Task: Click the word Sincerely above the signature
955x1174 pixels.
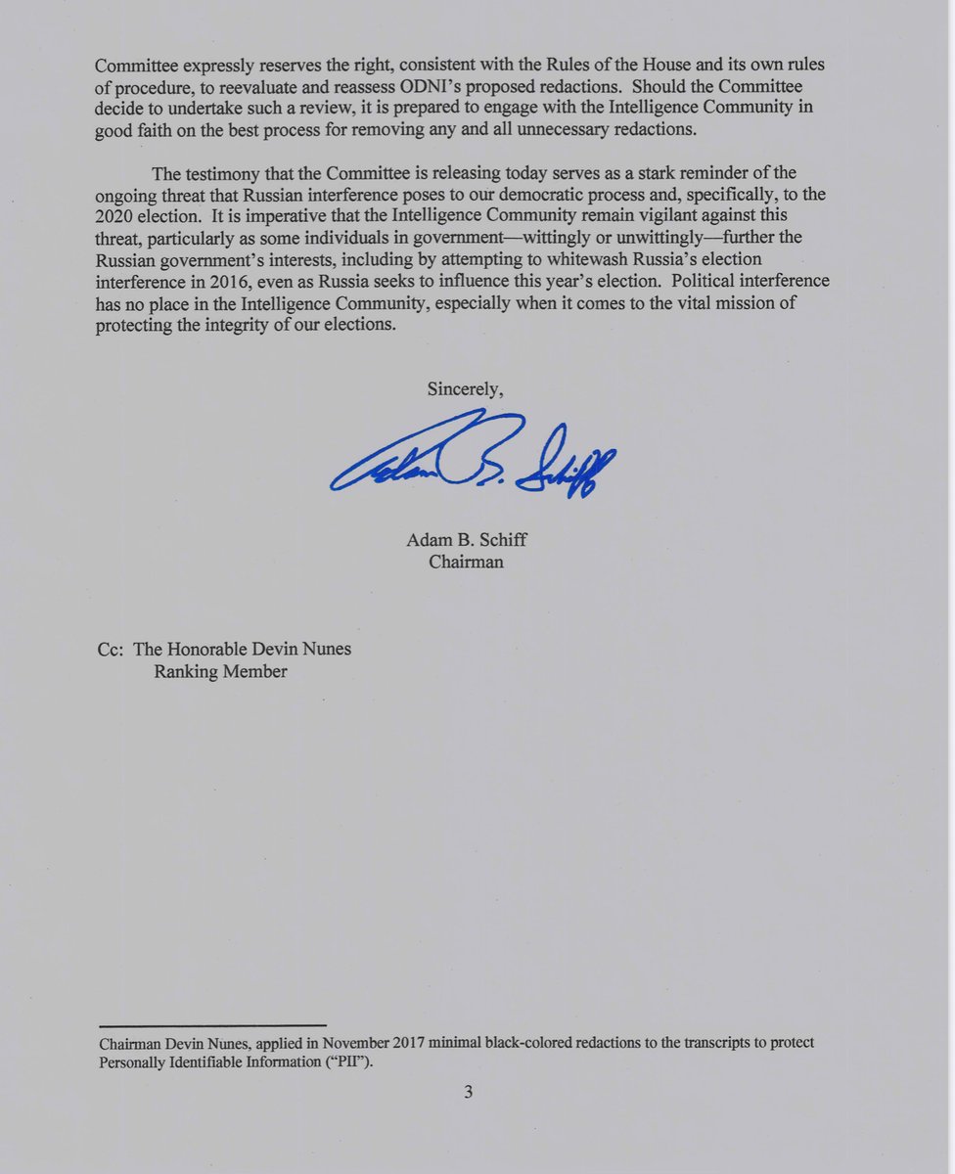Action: (x=465, y=389)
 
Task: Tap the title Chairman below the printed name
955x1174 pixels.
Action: (x=466, y=563)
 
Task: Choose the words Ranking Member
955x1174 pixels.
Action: (x=220, y=672)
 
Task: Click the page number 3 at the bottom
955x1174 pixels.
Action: (x=469, y=1092)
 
